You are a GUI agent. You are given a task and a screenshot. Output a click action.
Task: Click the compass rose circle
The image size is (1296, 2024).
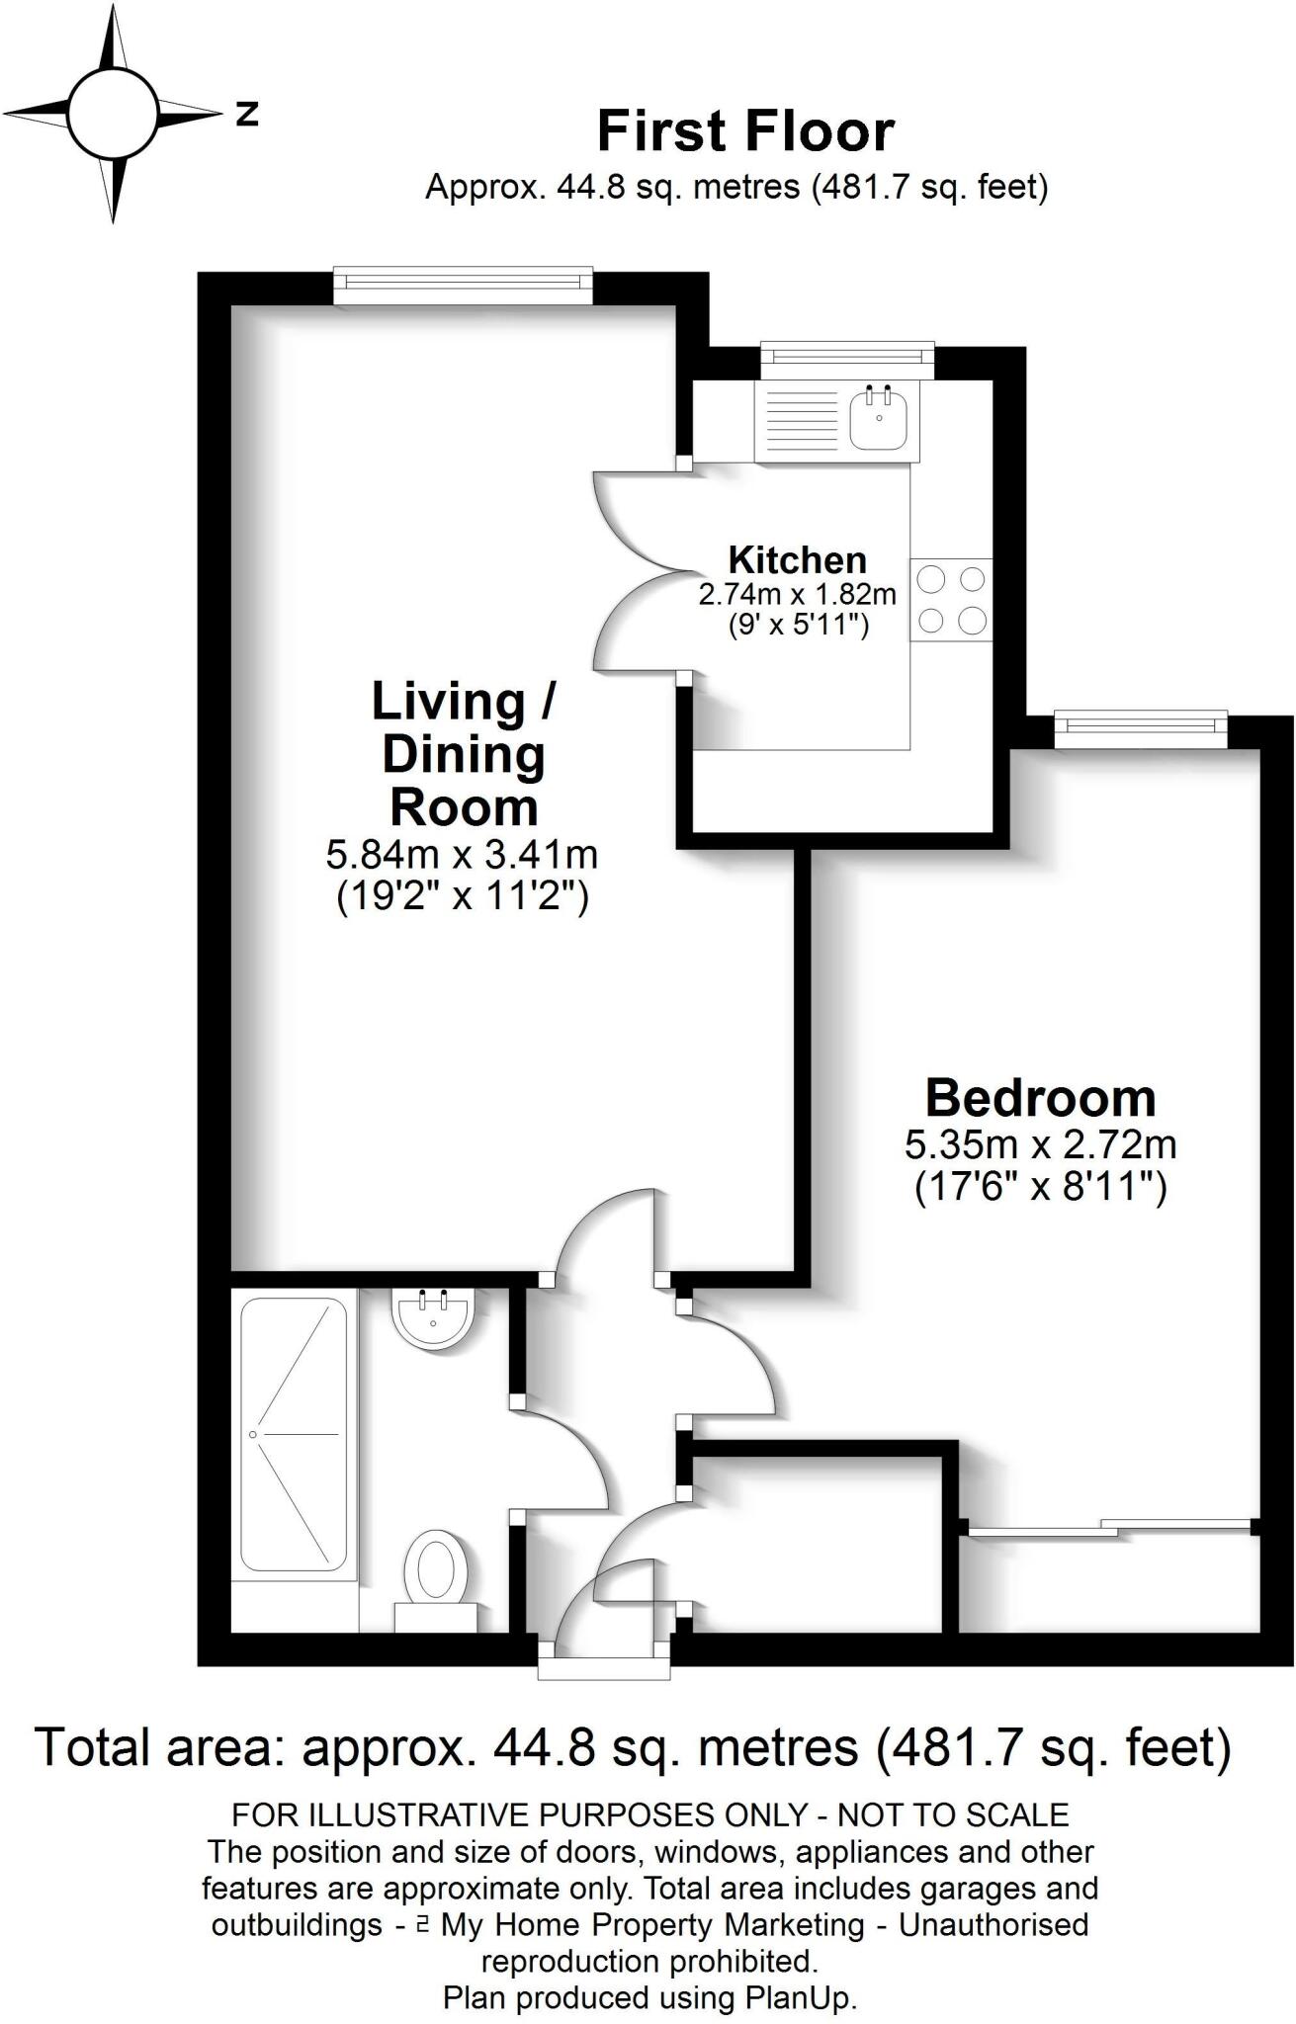pyautogui.click(x=114, y=113)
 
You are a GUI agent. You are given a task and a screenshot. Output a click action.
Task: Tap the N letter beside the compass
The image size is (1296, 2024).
pyautogui.click(x=247, y=114)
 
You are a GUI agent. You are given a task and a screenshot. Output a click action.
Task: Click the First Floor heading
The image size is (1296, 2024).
pyautogui.click(x=745, y=131)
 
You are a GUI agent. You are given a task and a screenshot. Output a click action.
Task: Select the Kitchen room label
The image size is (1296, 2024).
pyautogui.click(x=797, y=560)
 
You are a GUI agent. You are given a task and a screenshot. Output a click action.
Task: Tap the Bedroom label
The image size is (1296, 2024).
pyautogui.click(x=1040, y=1098)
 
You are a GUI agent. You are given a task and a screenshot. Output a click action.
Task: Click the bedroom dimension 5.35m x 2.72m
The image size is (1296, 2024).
pyautogui.click(x=1040, y=1145)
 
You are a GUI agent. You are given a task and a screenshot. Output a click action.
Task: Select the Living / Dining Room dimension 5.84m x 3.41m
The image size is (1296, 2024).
pyautogui.click(x=462, y=854)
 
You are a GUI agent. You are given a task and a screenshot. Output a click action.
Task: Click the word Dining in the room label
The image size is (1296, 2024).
pyautogui.click(x=464, y=755)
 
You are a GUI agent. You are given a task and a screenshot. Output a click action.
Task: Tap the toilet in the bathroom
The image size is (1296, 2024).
pyautogui.click(x=435, y=1572)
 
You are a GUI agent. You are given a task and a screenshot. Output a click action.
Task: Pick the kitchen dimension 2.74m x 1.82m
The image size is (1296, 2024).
pyautogui.click(x=797, y=595)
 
